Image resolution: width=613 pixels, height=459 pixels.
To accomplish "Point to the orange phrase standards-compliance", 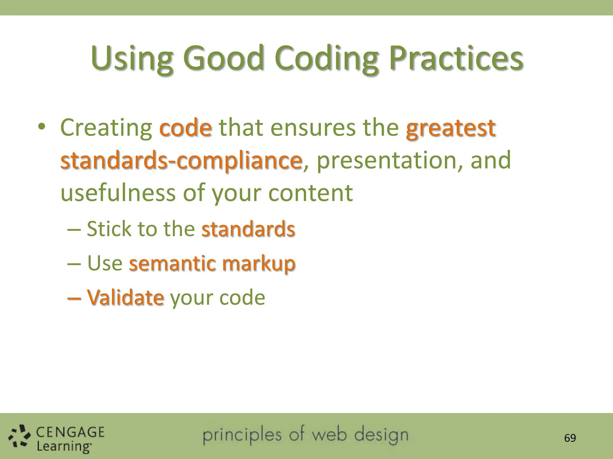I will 181,161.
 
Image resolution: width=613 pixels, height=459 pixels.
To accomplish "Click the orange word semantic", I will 172,264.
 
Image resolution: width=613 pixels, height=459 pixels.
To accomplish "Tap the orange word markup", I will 259,264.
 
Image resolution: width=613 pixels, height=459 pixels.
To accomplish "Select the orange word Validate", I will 125,298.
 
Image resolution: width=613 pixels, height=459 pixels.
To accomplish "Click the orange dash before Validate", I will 74,298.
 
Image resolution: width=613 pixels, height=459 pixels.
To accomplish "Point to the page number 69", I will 570,438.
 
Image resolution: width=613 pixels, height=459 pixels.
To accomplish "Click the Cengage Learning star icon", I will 19,437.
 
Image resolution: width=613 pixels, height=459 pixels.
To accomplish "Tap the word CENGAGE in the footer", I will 70,432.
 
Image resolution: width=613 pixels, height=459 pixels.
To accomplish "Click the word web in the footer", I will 330,435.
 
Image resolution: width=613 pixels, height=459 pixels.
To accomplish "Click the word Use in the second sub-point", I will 105,264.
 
